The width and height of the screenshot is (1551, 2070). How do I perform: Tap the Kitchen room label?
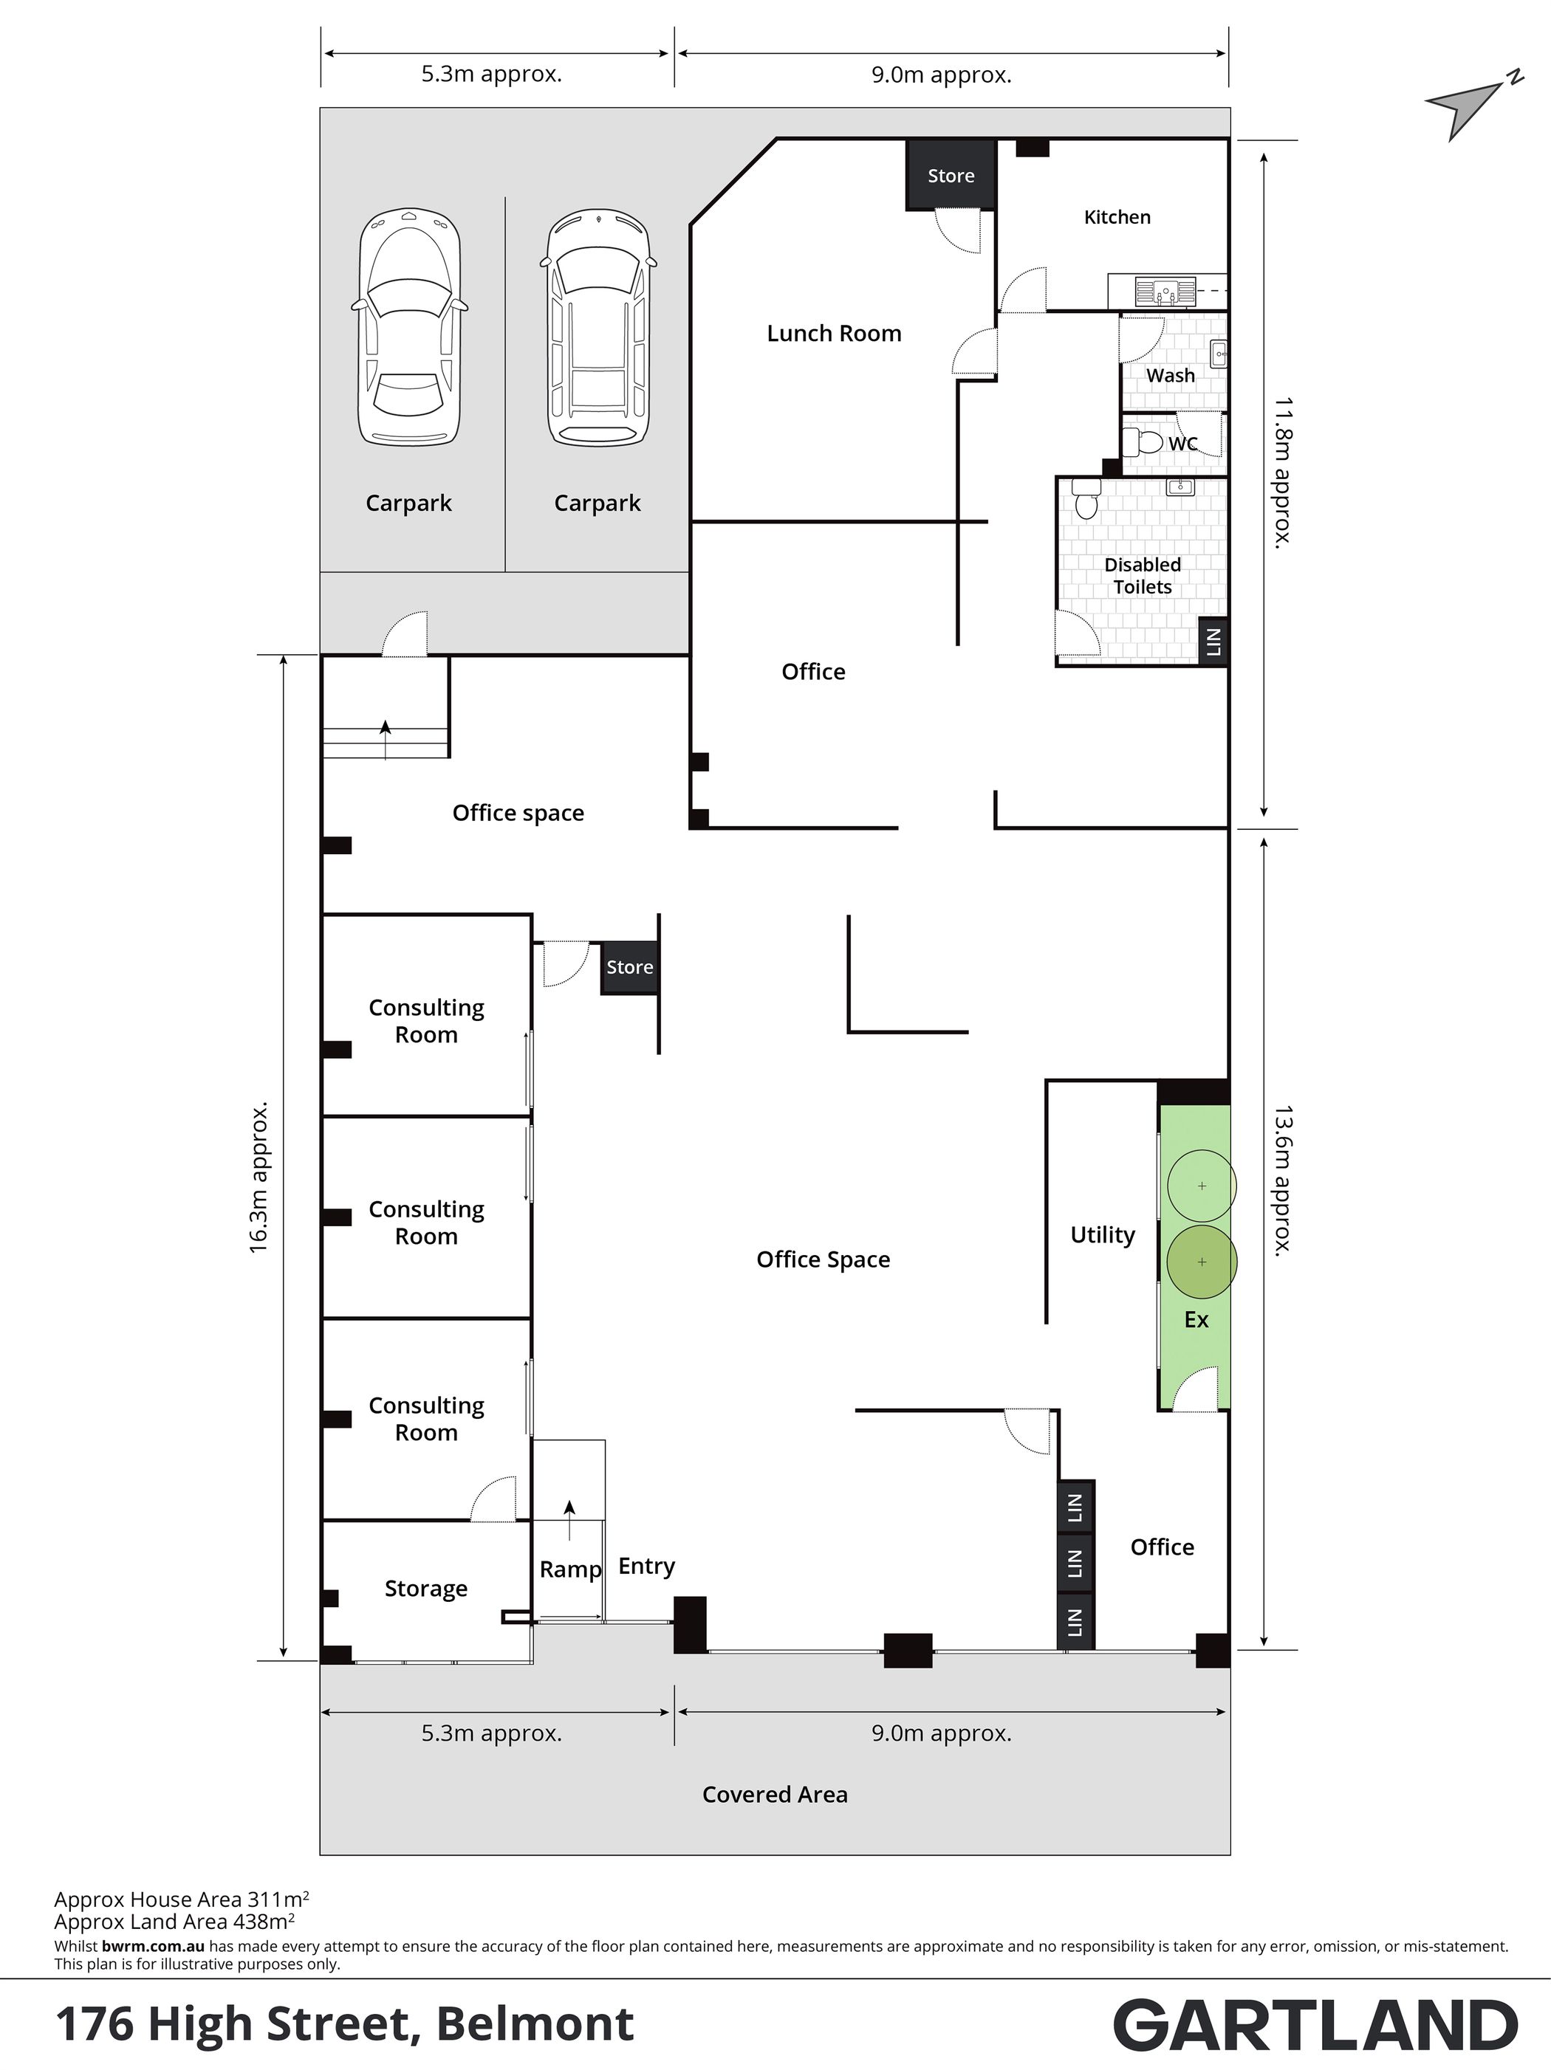coord(1117,217)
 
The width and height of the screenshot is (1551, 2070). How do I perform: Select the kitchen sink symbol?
coord(1165,292)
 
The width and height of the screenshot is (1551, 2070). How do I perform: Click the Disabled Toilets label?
coord(1142,576)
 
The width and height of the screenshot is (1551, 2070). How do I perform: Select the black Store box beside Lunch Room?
coord(950,175)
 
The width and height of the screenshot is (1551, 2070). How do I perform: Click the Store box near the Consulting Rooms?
coord(629,966)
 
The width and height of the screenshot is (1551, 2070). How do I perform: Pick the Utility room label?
coord(1103,1235)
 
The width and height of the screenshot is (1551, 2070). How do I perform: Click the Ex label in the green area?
coord(1196,1319)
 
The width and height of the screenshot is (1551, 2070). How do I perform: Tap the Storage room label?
coord(426,1589)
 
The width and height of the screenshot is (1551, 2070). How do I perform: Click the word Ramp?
coord(570,1569)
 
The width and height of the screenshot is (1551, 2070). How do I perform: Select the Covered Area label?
coord(775,1795)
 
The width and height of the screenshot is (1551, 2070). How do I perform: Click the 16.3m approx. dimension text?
coord(258,1177)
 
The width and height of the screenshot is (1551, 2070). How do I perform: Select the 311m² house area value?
coord(278,1899)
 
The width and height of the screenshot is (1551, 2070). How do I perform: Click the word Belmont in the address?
coord(535,2023)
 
